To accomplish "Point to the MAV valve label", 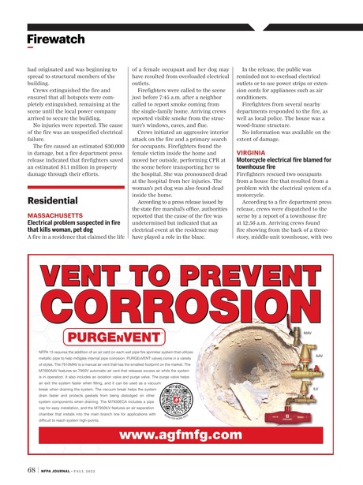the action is [308, 333].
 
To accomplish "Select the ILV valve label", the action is [316, 389].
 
